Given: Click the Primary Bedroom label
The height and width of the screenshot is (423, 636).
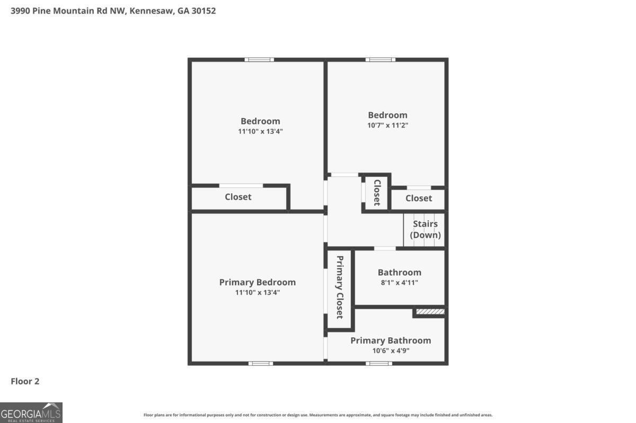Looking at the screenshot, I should (257, 282).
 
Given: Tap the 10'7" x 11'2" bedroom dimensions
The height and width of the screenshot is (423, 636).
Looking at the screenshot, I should (388, 125).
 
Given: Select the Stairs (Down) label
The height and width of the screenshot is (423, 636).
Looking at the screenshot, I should (425, 230).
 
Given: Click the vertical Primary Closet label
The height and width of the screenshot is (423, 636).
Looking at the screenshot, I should (339, 287).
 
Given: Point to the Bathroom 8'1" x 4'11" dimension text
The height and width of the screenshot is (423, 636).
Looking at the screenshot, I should (399, 282).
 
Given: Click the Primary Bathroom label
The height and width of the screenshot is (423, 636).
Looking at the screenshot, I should (390, 340).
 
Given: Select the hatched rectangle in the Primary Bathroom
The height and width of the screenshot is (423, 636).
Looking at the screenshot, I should (429, 312).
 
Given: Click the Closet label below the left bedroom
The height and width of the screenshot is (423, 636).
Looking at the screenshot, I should (238, 197).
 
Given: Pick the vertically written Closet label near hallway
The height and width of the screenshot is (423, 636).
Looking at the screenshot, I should (377, 192).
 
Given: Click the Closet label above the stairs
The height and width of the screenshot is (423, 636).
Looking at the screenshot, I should (418, 198).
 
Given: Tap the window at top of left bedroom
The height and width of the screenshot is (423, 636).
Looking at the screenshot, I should (259, 59).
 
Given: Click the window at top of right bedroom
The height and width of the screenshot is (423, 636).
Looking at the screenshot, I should (380, 59).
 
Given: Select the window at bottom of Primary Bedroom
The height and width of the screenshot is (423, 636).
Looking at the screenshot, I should (261, 363).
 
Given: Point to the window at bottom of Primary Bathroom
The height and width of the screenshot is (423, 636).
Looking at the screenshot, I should (379, 363).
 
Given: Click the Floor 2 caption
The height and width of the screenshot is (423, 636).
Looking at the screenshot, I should (25, 381).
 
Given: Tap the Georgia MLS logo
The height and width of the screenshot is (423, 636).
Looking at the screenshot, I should (31, 412).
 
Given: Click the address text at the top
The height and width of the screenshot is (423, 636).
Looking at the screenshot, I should (113, 11).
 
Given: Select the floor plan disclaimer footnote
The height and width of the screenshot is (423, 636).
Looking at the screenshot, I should (317, 415).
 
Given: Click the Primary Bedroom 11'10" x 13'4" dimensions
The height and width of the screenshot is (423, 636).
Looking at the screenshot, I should (257, 292).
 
